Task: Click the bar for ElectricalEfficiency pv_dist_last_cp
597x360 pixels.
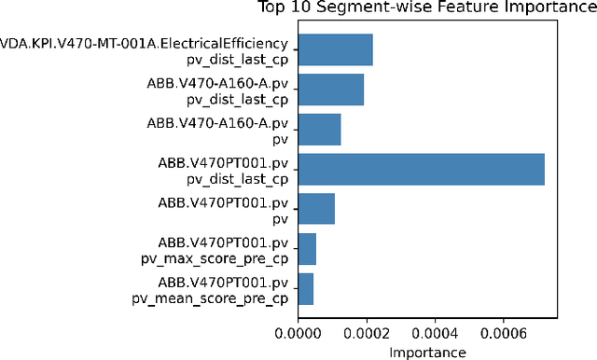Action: (336, 49)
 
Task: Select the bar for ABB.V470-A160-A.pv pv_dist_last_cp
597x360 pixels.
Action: (331, 90)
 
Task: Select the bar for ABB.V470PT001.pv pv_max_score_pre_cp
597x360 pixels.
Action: (308, 249)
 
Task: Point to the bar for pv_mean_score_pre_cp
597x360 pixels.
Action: (306, 289)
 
